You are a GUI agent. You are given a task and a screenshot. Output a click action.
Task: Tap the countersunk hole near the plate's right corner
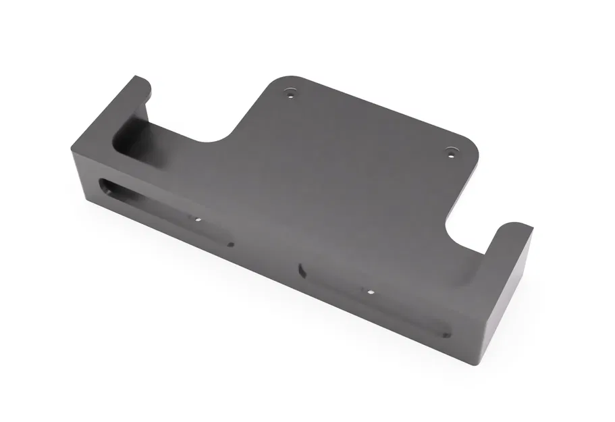click(x=452, y=152)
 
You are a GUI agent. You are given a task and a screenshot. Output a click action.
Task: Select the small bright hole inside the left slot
click(x=198, y=219)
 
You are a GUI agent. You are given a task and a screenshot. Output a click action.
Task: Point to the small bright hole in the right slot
click(x=370, y=292)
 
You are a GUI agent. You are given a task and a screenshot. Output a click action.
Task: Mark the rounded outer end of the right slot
click(x=446, y=332)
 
